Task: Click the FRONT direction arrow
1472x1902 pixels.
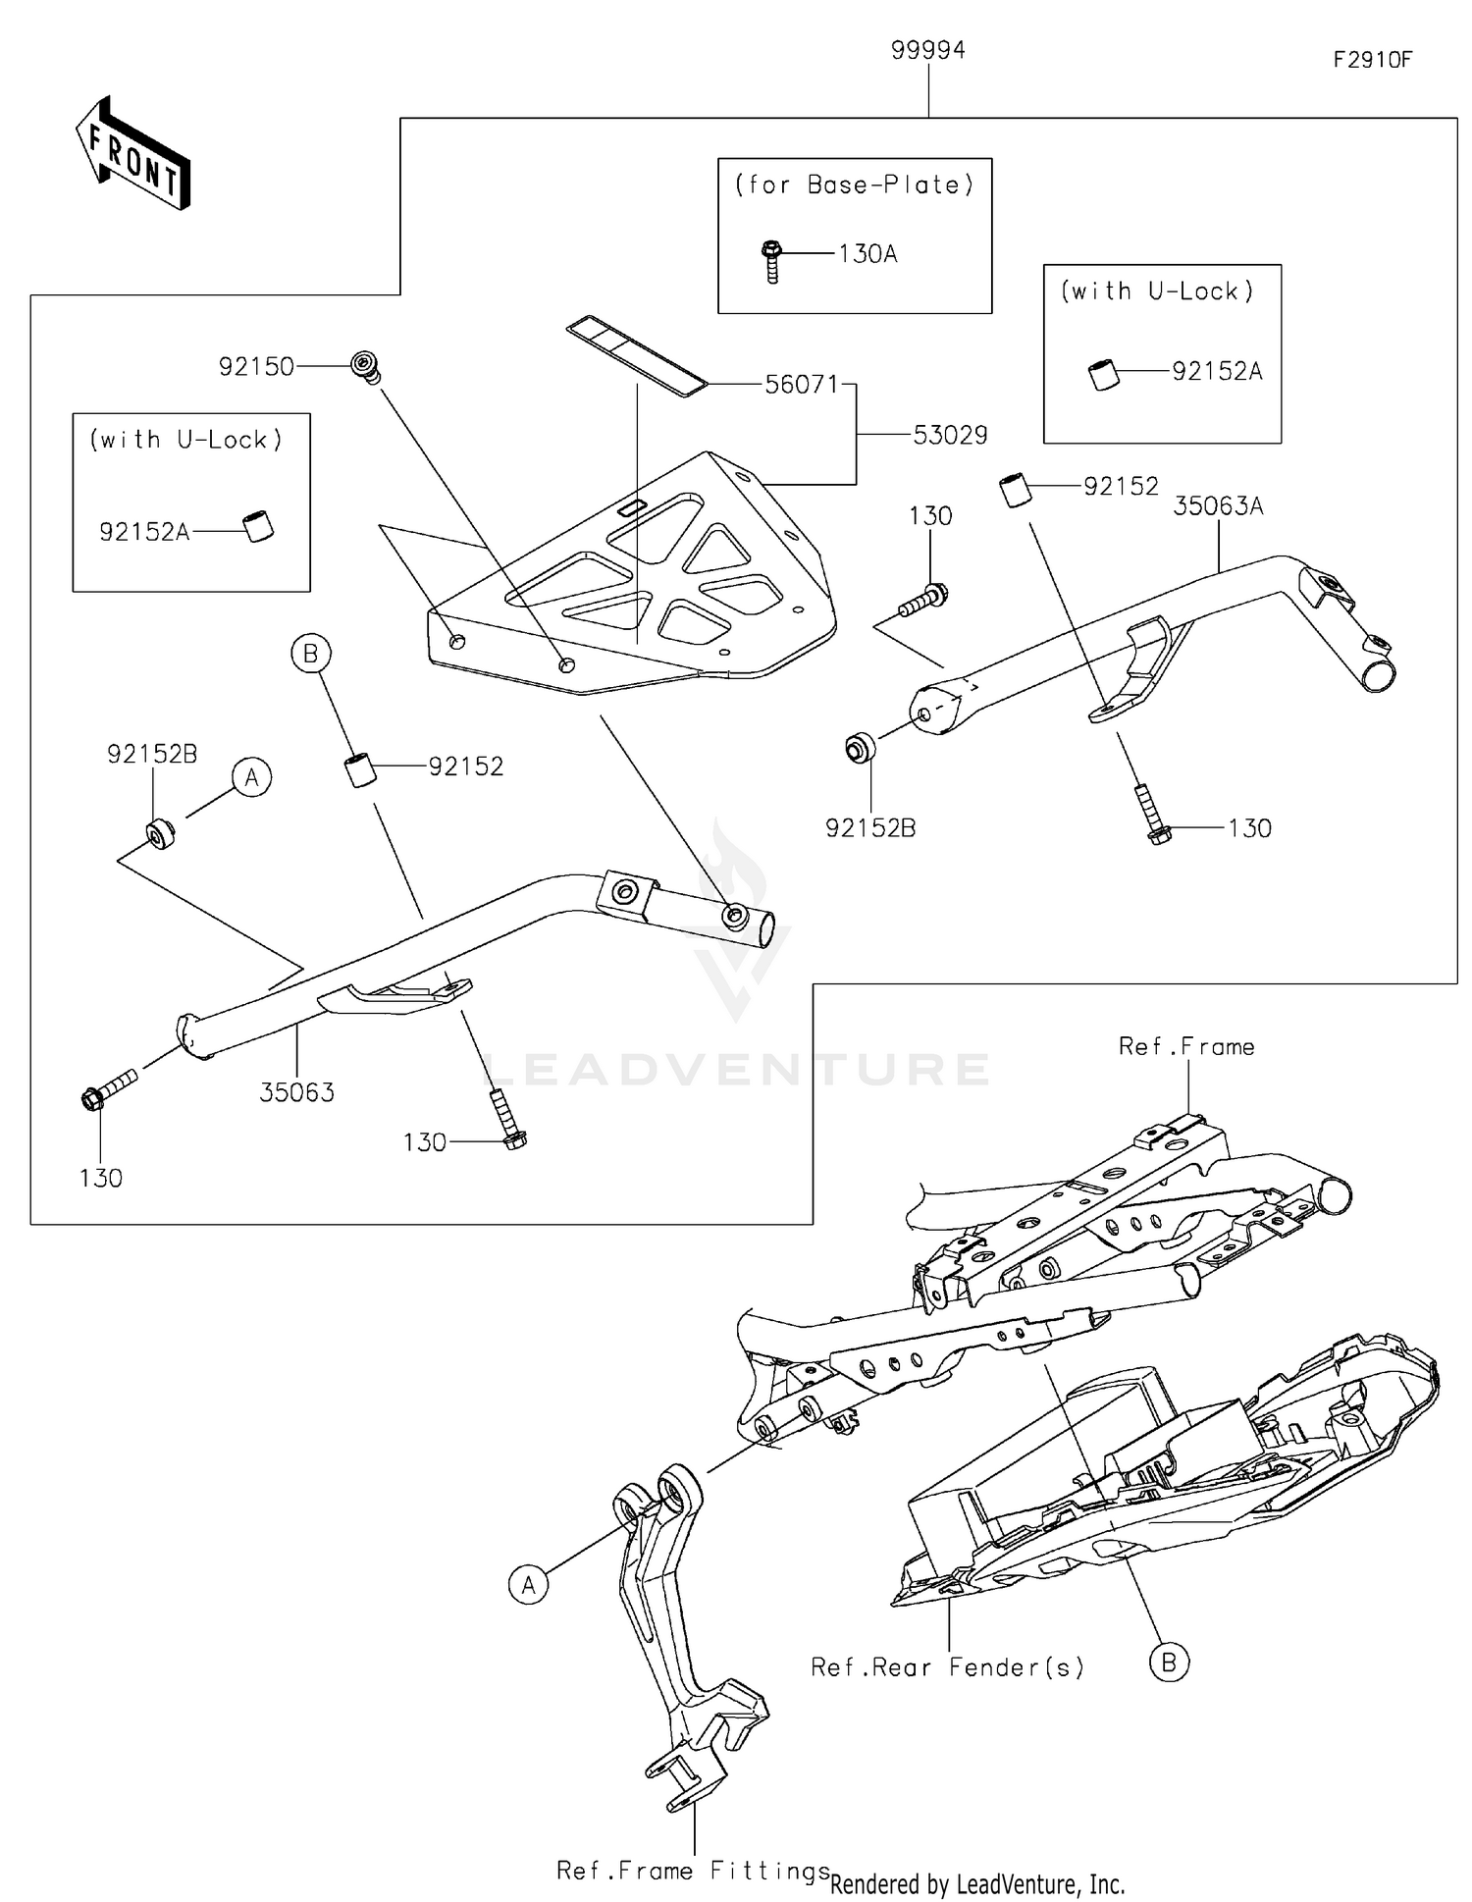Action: click(x=132, y=154)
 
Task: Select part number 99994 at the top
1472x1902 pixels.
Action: click(x=927, y=50)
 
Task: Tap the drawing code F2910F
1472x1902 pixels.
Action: click(x=1372, y=60)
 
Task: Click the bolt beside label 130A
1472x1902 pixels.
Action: click(x=771, y=261)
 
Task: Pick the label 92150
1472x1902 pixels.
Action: click(x=256, y=367)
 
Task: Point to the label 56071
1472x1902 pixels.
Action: click(x=802, y=385)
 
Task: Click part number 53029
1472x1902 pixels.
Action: click(x=950, y=435)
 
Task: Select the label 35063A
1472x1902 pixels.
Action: click(x=1218, y=506)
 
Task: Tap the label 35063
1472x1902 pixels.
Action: click(x=296, y=1092)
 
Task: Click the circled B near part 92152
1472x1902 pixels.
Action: click(x=311, y=654)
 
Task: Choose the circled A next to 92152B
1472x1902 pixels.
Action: click(x=252, y=778)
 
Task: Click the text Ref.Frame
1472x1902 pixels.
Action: click(x=1186, y=1047)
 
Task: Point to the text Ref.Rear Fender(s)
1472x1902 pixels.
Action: click(x=947, y=1667)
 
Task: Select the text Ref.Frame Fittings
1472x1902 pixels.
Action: click(x=693, y=1871)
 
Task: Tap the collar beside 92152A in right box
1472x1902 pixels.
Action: click(x=1105, y=376)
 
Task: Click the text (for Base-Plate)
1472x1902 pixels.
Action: click(x=854, y=185)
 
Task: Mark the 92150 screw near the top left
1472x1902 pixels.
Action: click(x=366, y=367)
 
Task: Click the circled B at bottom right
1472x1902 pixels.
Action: click(x=1169, y=1663)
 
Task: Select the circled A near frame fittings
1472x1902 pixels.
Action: click(x=529, y=1584)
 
